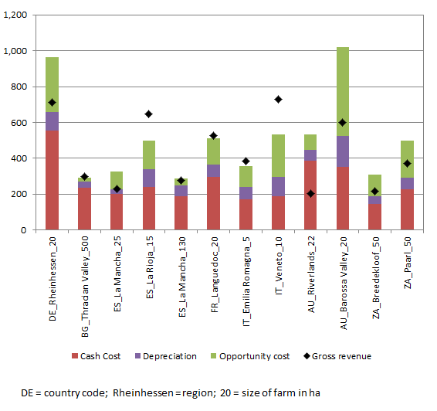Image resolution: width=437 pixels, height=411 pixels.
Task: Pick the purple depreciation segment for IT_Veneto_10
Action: click(x=277, y=186)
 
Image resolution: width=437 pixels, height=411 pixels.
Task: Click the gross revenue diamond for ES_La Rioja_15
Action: click(x=148, y=114)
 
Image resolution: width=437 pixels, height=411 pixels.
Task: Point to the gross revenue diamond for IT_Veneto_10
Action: click(x=277, y=100)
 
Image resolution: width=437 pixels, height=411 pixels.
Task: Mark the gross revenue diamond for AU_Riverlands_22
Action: click(x=310, y=194)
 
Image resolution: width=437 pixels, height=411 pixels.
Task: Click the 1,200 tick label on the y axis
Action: click(x=16, y=15)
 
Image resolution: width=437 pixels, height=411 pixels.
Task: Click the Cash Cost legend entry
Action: click(x=97, y=355)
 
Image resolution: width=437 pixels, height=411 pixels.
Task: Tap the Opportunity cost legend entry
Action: click(x=247, y=355)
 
